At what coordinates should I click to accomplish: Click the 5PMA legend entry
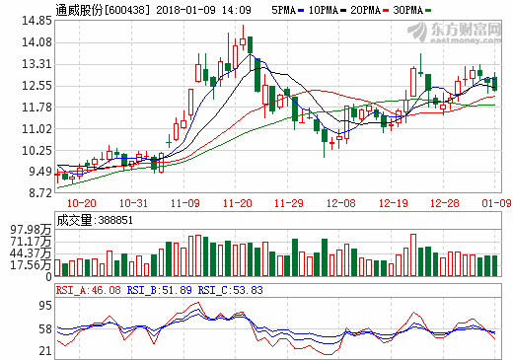point(285,9)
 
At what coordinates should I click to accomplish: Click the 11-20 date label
point(238,203)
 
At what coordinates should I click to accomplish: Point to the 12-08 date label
point(341,203)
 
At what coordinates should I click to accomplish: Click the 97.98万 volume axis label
point(31,230)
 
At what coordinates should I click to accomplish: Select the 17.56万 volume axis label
point(31,264)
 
